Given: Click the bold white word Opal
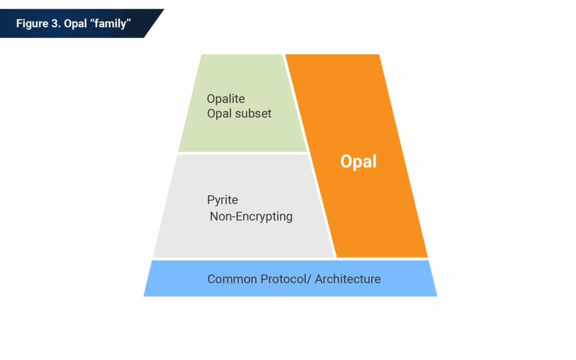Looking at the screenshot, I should point(358,162).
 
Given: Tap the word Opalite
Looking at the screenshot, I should point(226,99).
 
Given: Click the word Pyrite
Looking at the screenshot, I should point(222,200).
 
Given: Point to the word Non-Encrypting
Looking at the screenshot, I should point(251,216).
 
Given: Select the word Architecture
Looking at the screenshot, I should point(347,279).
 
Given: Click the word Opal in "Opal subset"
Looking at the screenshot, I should point(217,113).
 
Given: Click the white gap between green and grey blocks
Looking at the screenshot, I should point(243,153).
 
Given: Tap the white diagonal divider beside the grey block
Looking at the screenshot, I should point(322,207).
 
